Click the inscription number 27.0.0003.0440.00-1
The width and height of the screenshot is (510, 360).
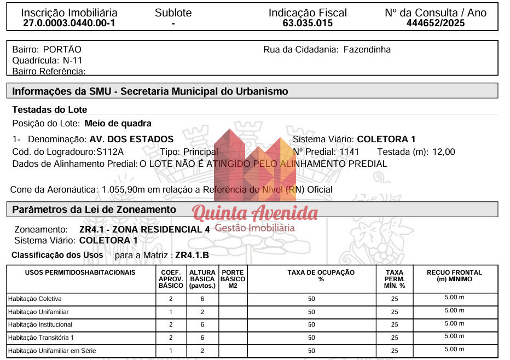pos(69,23)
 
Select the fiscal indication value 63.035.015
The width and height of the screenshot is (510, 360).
pos(308,23)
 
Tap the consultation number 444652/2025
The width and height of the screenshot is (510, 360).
pos(436,23)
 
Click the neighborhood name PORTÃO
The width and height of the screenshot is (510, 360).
pos(62,49)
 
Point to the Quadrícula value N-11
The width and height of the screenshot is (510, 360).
pos(73,60)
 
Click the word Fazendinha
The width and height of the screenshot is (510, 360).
pos(367,49)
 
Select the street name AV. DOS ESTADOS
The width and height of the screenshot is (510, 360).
pos(131,139)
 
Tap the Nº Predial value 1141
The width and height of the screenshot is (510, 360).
pos(349,152)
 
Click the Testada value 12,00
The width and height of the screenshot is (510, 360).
pos(444,152)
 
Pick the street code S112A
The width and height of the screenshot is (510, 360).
pos(110,152)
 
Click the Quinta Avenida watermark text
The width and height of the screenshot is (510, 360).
pos(255,212)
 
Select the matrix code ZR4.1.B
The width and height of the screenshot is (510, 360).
pos(192,255)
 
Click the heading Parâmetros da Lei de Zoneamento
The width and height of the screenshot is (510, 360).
pos(94,210)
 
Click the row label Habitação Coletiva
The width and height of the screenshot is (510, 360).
pos(34,299)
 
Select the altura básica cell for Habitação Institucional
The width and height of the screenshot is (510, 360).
pos(202,325)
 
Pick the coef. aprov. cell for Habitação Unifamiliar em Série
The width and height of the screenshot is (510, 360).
pos(171,351)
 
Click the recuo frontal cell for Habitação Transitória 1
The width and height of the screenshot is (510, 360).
pos(454,336)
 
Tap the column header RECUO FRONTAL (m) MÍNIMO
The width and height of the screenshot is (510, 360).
pos(454,275)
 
